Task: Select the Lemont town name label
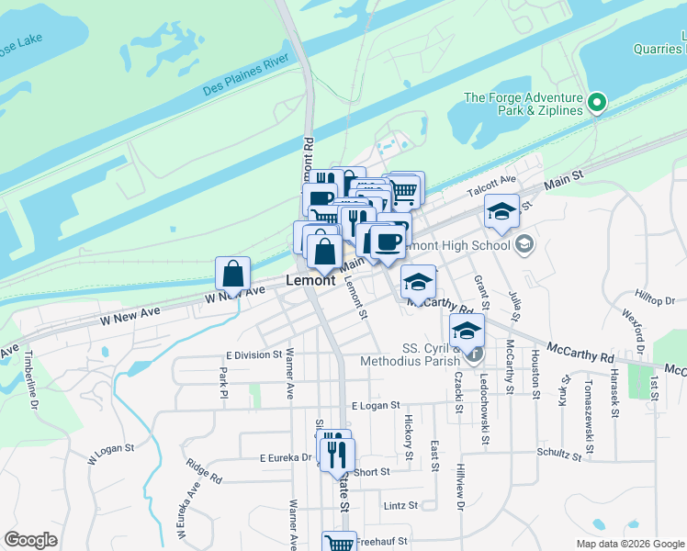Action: click(310, 280)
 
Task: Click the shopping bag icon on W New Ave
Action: click(233, 274)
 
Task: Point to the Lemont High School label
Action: click(464, 245)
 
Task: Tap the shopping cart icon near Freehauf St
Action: click(339, 544)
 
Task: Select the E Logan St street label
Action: click(376, 405)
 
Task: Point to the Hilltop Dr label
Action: click(655, 300)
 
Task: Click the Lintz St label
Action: click(401, 505)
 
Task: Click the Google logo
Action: click(30, 540)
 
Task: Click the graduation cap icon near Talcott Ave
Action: click(502, 212)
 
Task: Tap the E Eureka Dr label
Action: click(287, 456)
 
